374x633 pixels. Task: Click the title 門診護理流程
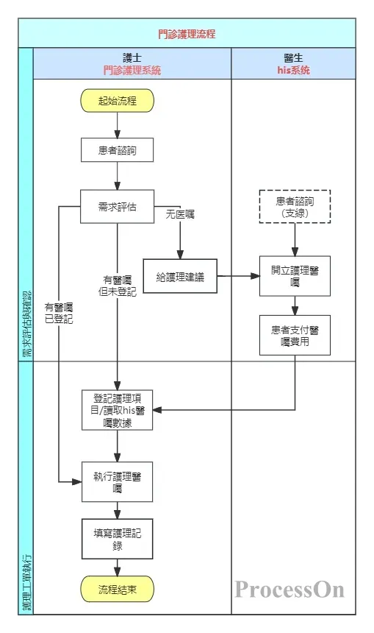(x=187, y=34)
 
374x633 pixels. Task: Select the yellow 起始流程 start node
(x=118, y=101)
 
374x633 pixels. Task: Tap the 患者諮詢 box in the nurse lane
(x=118, y=151)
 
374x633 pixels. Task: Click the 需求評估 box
(x=118, y=205)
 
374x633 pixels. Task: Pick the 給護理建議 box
(x=180, y=277)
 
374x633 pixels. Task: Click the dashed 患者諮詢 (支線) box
(x=295, y=207)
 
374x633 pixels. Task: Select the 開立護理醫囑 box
(x=295, y=276)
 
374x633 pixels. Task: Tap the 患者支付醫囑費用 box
(x=295, y=336)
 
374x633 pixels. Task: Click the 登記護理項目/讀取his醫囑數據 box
(x=118, y=410)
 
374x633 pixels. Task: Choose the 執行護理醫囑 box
(x=118, y=481)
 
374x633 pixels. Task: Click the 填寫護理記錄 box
(x=118, y=540)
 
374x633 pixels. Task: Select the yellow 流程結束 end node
(x=118, y=590)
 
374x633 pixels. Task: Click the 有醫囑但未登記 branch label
(x=118, y=286)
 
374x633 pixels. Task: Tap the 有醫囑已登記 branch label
(x=59, y=313)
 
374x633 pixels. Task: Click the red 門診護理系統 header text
(x=132, y=71)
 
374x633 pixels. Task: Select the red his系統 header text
(x=293, y=71)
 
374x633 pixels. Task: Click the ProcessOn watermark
(x=290, y=589)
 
